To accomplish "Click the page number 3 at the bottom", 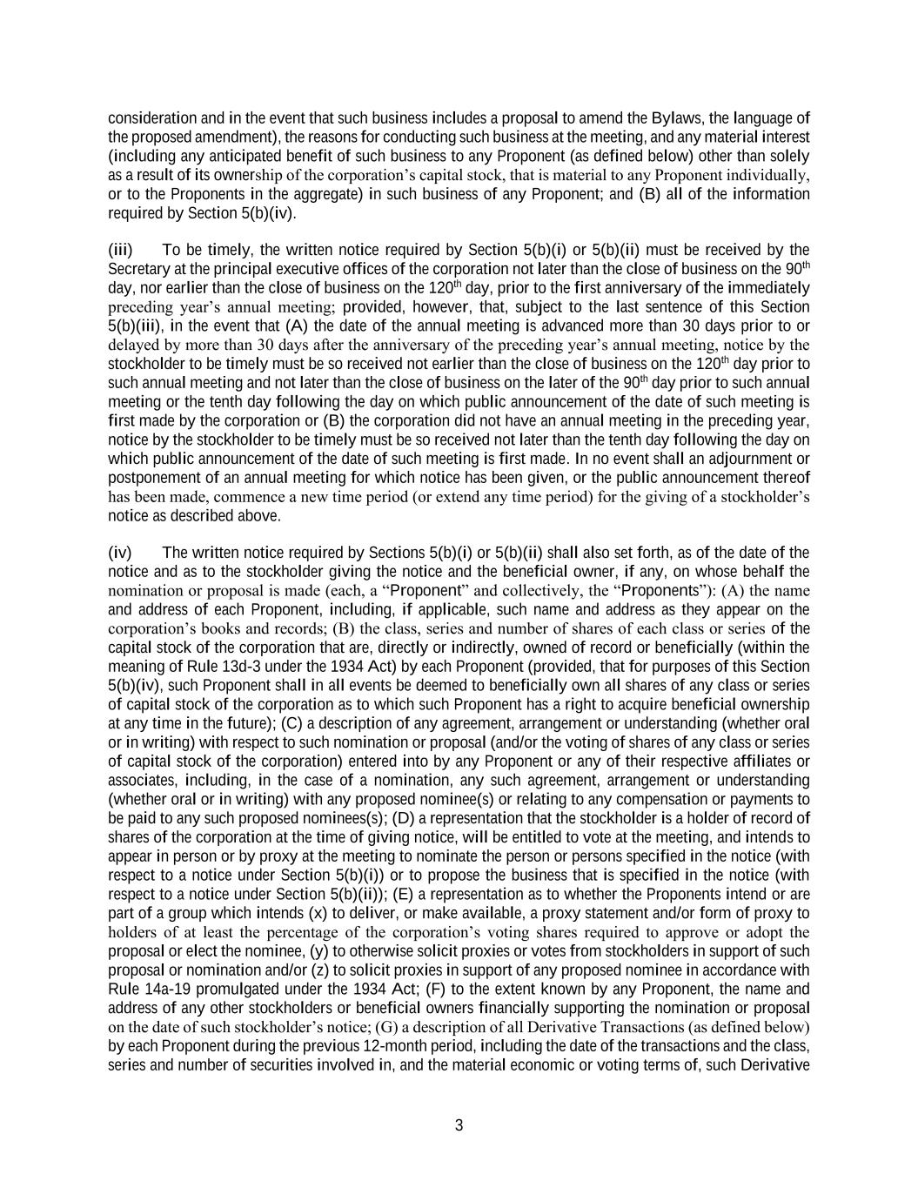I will tap(459, 1125).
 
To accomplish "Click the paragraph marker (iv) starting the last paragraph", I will tap(120, 553).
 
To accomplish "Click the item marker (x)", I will tap(318, 914).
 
